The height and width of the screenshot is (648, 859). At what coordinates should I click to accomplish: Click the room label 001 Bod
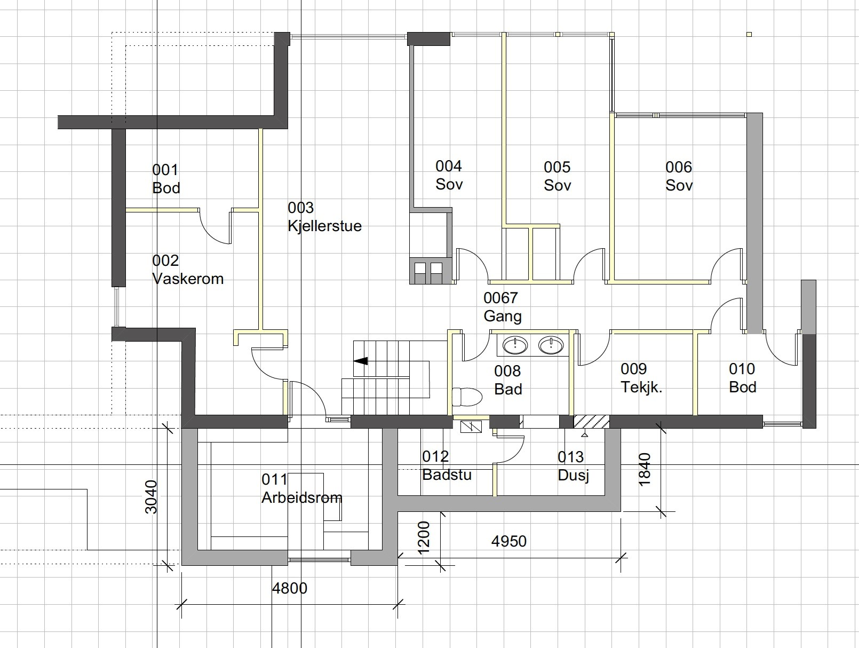(x=166, y=179)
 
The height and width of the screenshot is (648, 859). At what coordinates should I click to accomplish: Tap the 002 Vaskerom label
(x=188, y=270)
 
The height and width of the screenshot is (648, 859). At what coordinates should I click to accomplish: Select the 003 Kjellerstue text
(x=325, y=217)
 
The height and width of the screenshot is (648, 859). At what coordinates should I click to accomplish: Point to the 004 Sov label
(x=449, y=175)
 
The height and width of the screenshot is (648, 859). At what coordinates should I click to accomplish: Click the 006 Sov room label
(x=679, y=176)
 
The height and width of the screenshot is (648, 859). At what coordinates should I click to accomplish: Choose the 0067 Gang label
(x=503, y=307)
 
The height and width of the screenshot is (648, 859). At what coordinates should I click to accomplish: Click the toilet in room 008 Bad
(x=467, y=397)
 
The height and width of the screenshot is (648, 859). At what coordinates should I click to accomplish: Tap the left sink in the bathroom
(x=515, y=345)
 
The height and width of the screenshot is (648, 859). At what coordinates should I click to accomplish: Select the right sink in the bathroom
(x=551, y=345)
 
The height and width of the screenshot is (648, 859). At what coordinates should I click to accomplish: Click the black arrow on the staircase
(x=361, y=361)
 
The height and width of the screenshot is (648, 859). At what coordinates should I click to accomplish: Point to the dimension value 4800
(x=290, y=588)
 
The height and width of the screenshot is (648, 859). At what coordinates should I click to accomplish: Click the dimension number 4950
(x=509, y=541)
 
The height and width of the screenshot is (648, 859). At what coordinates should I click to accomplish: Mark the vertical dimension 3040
(x=150, y=497)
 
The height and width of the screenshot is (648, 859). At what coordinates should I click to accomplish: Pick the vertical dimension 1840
(x=644, y=470)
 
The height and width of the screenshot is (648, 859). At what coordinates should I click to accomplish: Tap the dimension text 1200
(x=424, y=538)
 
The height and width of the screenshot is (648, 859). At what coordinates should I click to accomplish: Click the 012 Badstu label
(x=447, y=465)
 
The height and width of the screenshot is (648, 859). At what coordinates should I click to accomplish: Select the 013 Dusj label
(x=574, y=466)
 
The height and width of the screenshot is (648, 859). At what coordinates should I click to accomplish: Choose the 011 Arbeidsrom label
(x=302, y=488)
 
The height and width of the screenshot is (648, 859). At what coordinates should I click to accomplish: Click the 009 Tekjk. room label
(x=641, y=378)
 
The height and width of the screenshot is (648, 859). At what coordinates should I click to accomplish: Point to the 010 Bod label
(x=742, y=378)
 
